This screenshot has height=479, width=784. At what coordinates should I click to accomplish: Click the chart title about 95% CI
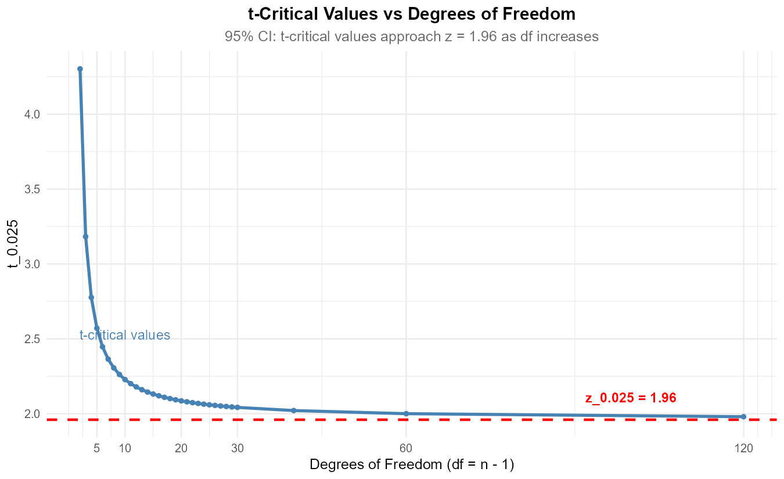click(x=412, y=37)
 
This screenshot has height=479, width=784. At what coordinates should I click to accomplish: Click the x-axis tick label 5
click(x=96, y=448)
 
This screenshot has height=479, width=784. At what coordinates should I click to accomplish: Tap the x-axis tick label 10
click(x=125, y=448)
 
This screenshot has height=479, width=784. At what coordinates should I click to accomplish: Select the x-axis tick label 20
click(x=181, y=448)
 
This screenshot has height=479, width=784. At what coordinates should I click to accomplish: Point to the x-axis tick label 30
click(x=238, y=448)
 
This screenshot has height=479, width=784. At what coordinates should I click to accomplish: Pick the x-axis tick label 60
click(x=406, y=448)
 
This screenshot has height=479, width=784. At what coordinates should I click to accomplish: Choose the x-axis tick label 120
click(x=743, y=448)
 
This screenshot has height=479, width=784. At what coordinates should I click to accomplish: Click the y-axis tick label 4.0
click(x=32, y=114)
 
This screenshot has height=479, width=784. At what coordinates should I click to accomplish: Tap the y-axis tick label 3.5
click(x=32, y=189)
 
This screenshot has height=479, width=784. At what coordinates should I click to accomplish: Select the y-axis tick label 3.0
click(x=32, y=264)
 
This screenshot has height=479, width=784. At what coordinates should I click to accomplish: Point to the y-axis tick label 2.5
click(x=32, y=339)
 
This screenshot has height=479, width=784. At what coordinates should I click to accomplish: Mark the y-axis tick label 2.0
click(x=32, y=414)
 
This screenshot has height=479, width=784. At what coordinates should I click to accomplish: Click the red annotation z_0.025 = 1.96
click(x=630, y=398)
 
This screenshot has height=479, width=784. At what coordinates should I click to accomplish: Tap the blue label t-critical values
click(x=125, y=335)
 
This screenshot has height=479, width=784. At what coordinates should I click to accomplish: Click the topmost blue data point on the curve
click(x=80, y=69)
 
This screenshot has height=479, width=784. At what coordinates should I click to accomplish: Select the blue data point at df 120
click(x=743, y=417)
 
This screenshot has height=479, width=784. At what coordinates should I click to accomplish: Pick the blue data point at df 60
click(x=406, y=413)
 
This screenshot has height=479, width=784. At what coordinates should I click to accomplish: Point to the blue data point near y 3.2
click(x=85, y=236)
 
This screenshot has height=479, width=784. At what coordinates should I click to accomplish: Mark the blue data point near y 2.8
click(x=91, y=297)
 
